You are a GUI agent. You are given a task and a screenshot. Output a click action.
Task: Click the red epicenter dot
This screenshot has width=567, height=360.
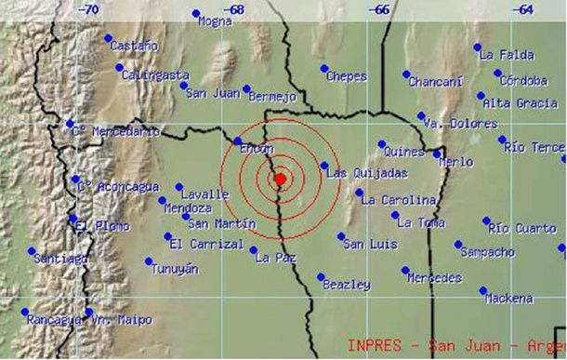[280, 179]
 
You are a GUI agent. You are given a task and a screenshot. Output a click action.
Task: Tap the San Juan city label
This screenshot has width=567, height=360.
[214, 93]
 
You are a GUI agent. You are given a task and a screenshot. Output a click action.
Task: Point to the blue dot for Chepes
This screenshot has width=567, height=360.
[324, 68]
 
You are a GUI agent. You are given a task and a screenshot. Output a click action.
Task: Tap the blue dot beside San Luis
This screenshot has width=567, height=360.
[341, 236]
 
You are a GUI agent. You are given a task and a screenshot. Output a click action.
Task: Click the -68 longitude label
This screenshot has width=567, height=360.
[233, 9]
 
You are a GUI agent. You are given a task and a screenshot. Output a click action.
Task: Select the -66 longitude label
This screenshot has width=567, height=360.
[379, 9]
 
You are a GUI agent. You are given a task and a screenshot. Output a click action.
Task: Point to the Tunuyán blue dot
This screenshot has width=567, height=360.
[149, 260]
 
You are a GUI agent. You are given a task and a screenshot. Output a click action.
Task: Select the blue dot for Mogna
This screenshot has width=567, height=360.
[196, 13]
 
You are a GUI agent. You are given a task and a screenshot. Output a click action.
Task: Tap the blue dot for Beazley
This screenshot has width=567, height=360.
[320, 277]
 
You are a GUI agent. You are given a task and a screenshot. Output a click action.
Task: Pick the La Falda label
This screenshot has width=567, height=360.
[507, 55]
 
